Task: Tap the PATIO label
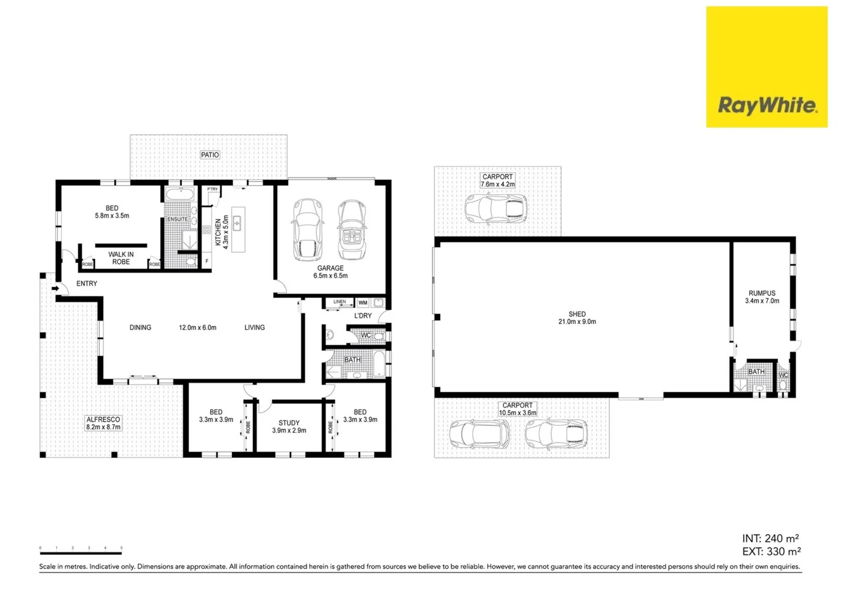(x=210, y=155)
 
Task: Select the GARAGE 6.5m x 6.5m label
(x=331, y=272)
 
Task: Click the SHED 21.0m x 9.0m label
(x=577, y=318)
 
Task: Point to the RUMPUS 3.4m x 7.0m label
(x=762, y=297)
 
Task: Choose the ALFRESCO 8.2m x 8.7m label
(x=103, y=423)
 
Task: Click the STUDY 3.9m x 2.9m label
(x=289, y=427)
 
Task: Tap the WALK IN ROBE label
(x=121, y=258)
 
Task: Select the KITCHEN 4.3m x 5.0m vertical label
(x=222, y=232)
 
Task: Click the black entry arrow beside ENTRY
(x=55, y=288)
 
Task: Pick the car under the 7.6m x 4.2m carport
(x=495, y=208)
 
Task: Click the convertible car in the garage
(x=352, y=230)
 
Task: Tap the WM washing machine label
(x=363, y=302)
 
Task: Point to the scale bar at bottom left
(x=80, y=550)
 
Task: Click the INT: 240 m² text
(x=770, y=538)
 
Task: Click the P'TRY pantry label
(x=212, y=189)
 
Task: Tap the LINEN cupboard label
(x=339, y=302)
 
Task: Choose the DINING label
(x=140, y=327)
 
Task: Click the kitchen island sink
(x=238, y=223)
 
